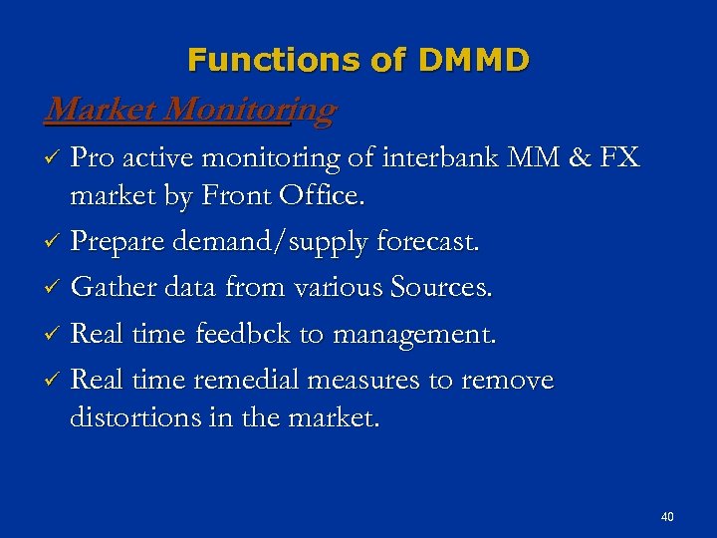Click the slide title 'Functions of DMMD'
click(358, 61)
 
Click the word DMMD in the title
click(473, 61)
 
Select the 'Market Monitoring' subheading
click(190, 109)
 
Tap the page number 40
click(667, 517)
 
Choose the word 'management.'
click(412, 337)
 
